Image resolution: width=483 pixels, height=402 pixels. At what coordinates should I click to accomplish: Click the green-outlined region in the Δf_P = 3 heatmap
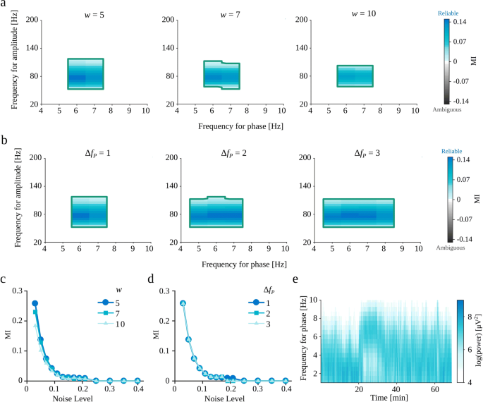click(358, 213)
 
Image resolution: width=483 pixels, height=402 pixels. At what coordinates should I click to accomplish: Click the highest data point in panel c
click(35, 284)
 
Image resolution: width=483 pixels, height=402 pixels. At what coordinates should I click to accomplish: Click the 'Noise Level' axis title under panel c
click(85, 398)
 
